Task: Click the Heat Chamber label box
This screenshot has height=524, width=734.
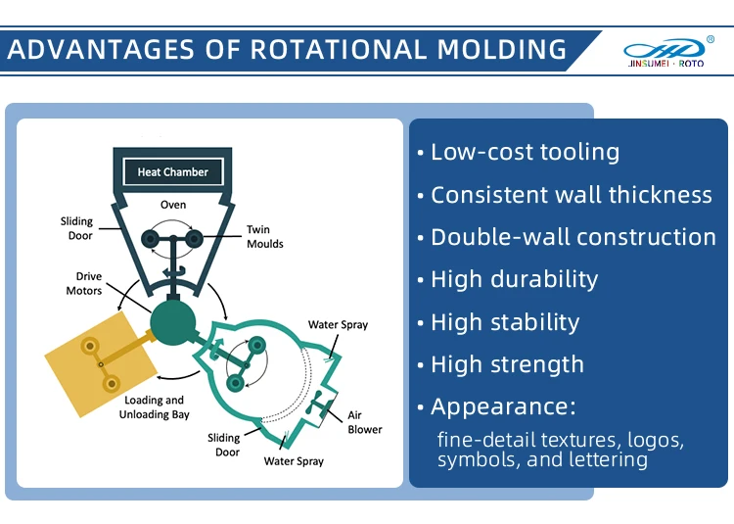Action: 172,172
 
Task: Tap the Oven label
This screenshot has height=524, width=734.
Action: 173,205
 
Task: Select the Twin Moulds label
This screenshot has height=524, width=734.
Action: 264,237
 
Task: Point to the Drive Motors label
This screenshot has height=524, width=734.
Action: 84,284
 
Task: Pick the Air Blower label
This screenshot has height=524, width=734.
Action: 364,422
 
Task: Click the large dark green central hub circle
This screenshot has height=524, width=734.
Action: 172,322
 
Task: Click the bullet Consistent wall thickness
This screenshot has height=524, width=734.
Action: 571,194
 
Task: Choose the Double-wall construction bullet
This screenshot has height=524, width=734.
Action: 573,237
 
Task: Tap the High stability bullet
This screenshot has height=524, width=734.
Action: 504,322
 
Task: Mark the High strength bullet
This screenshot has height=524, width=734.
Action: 506,364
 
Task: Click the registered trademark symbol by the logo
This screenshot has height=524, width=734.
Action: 711,40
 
